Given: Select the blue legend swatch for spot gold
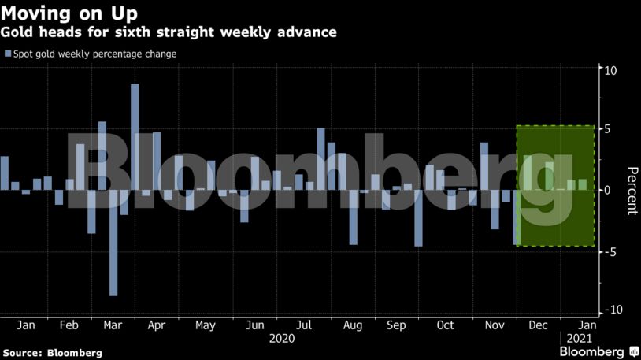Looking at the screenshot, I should coord(8,54).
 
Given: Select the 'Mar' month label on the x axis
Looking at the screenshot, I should coord(113,325).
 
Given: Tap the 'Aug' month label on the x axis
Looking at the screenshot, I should coord(353,325).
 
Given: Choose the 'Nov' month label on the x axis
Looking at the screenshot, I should coord(494,325).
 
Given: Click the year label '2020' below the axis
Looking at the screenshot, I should coord(281,339).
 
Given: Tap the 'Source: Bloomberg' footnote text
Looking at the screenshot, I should coord(52,353).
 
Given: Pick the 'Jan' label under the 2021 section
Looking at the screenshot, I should coord(587,325).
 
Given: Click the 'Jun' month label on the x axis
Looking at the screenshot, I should coord(254,325).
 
